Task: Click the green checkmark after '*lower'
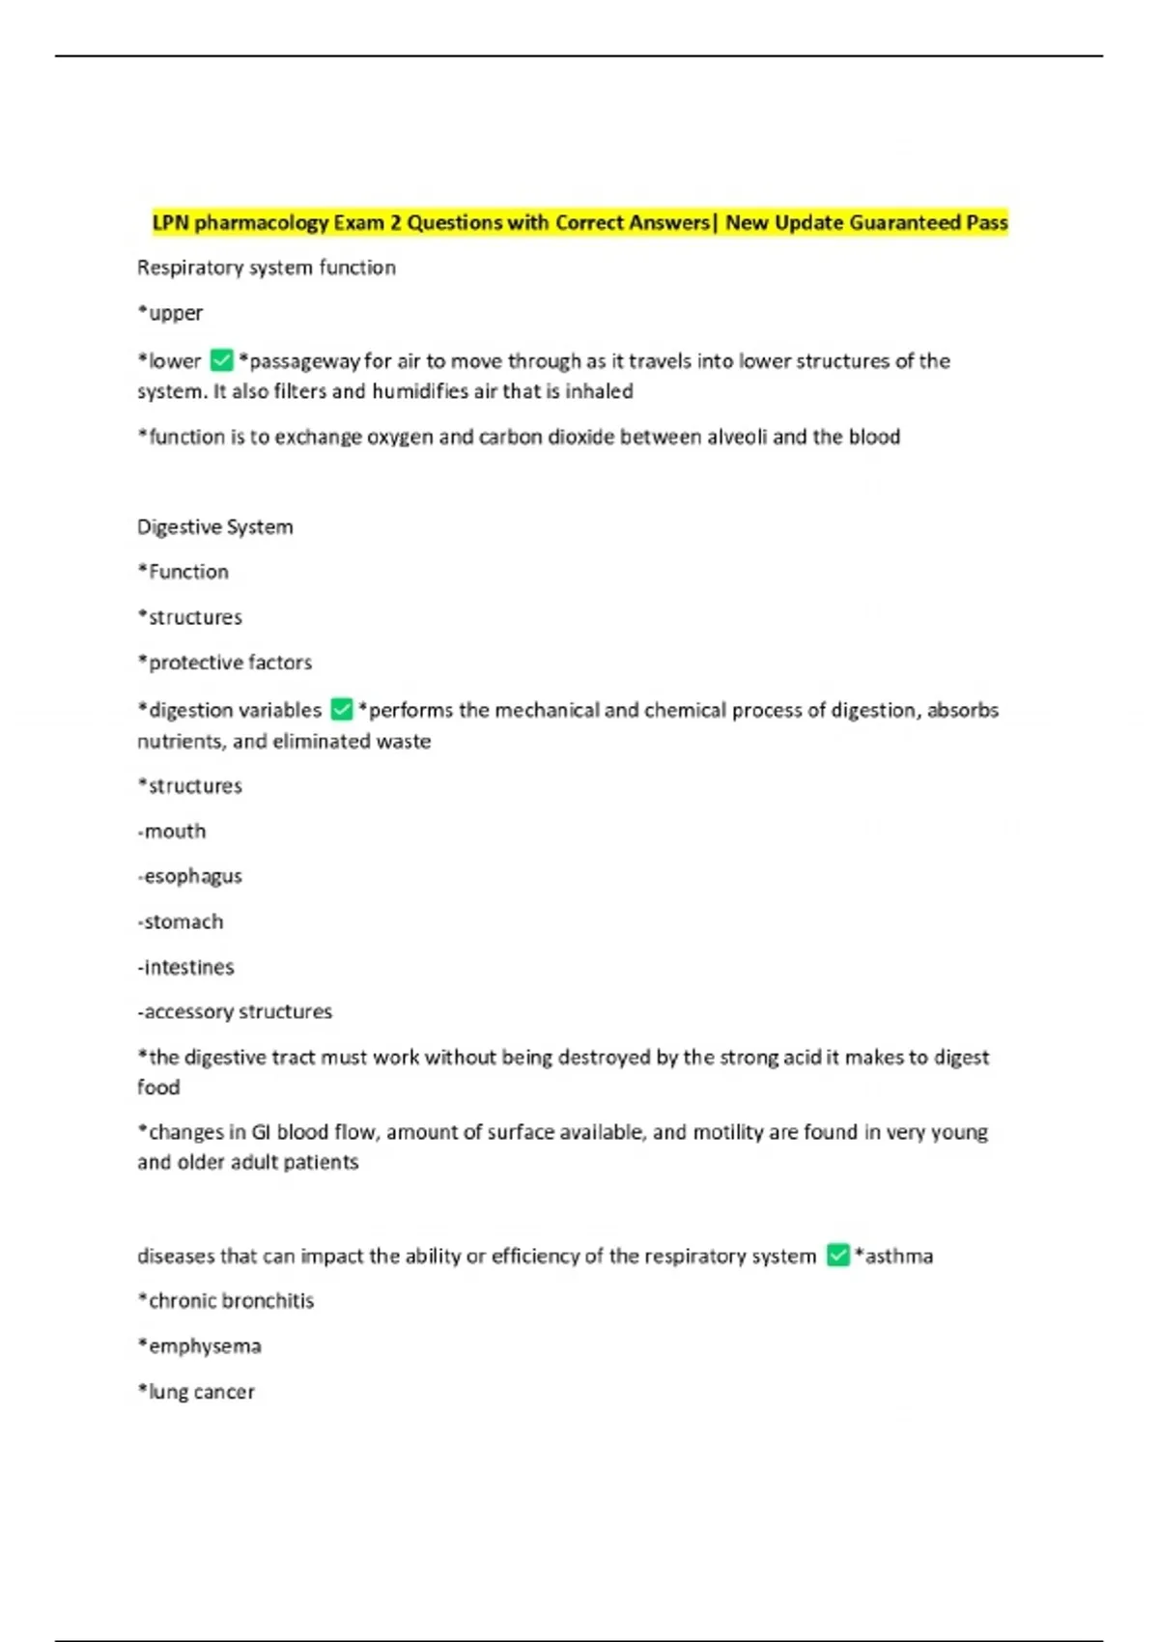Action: (221, 360)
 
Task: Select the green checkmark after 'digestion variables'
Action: (341, 710)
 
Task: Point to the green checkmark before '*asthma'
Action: (837, 1256)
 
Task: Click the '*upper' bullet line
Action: (170, 313)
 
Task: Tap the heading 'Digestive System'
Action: (214, 527)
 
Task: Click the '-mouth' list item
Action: (172, 832)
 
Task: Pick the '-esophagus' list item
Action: (189, 877)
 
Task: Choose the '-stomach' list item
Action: (180, 921)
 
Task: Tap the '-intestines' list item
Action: (185, 967)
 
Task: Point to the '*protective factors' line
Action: (225, 663)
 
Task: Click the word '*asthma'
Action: (893, 1256)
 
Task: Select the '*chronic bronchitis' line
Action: (226, 1301)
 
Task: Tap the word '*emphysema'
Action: (199, 1346)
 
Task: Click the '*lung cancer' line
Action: (196, 1392)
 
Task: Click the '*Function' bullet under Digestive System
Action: (184, 572)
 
